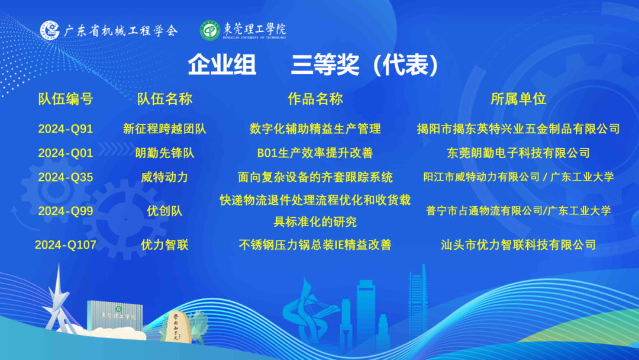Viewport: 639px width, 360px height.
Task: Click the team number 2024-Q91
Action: (x=66, y=129)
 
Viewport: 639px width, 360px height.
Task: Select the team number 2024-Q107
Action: (x=66, y=245)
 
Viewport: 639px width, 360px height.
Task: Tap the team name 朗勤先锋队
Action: (x=164, y=153)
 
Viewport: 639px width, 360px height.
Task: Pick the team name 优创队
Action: (x=164, y=211)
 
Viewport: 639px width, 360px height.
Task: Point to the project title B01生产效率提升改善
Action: (x=315, y=153)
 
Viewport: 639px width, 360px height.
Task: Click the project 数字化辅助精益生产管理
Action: (x=315, y=129)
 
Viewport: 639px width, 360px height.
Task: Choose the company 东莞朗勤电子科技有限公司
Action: (x=518, y=153)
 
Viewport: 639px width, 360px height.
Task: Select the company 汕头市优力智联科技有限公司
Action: (x=518, y=245)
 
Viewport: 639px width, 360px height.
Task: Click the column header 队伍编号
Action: (x=66, y=99)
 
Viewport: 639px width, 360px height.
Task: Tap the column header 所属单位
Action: (x=518, y=99)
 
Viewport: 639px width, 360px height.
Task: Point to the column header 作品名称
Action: (x=315, y=99)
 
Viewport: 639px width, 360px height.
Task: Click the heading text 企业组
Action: (x=222, y=65)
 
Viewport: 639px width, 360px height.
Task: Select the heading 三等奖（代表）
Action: (x=365, y=65)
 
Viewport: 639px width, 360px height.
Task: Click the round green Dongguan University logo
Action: (x=210, y=30)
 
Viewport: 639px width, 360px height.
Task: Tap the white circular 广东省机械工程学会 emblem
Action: (x=50, y=30)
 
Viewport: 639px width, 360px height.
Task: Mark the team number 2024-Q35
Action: (x=66, y=178)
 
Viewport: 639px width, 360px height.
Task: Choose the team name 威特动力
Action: (x=164, y=178)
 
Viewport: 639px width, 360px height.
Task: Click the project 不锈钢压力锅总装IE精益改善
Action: (x=315, y=245)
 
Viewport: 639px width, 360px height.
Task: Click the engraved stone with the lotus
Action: (x=178, y=326)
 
